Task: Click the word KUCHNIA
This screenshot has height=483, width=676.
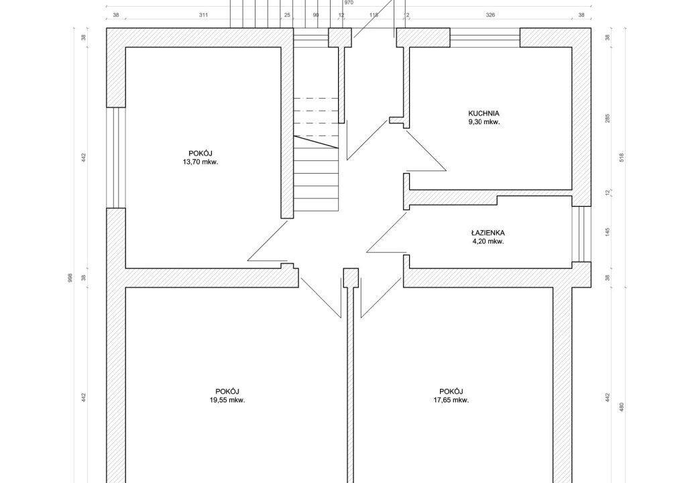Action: coord(484,113)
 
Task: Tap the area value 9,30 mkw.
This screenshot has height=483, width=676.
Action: coord(484,122)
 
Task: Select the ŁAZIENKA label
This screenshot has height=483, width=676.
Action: coord(488,233)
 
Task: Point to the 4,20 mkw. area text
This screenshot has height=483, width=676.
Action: coord(488,241)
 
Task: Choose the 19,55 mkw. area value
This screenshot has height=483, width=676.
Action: coord(227,400)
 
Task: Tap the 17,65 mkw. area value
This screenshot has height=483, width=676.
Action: coord(451,400)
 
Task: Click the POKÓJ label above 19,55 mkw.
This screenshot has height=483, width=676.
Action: coord(227,392)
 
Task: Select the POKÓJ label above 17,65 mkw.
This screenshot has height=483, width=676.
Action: coord(451,392)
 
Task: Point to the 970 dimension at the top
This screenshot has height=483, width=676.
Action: coord(349,3)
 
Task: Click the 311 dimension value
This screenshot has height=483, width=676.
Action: coord(203,15)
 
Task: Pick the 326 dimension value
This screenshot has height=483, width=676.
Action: coord(490,15)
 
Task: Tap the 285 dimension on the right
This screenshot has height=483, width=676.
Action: coord(608,118)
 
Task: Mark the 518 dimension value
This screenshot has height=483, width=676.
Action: coord(621,158)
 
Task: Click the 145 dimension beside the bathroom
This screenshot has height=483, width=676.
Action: coord(608,232)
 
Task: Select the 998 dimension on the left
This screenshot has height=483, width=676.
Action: coord(70,277)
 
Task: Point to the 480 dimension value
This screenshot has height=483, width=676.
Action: coord(621,407)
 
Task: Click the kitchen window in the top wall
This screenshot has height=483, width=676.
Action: coord(485,38)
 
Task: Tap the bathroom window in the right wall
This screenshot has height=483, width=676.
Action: coord(581,233)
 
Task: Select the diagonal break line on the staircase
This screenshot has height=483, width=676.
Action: coord(316,142)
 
